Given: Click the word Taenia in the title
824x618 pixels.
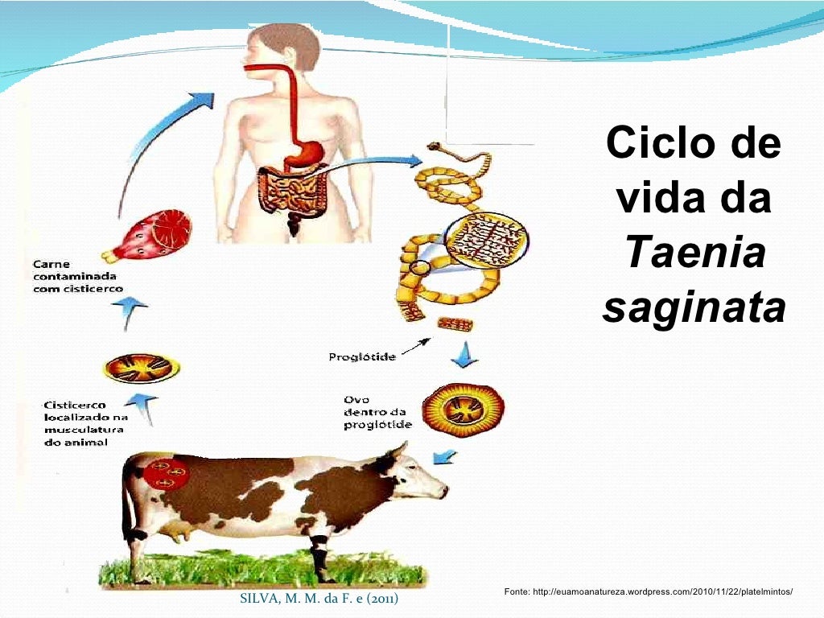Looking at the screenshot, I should tap(694, 254).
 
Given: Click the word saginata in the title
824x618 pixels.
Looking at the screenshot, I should tap(694, 308).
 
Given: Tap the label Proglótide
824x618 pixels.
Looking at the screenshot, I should tap(362, 356).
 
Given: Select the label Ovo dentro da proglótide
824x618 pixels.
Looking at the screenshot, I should tap(377, 411).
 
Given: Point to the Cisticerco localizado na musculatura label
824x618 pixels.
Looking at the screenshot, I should tap(86, 424).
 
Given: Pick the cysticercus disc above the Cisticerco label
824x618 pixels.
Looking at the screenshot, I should tap(142, 368).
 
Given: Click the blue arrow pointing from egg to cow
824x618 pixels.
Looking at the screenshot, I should tap(443, 456).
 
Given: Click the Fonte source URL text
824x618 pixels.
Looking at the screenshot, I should tap(648, 592).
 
